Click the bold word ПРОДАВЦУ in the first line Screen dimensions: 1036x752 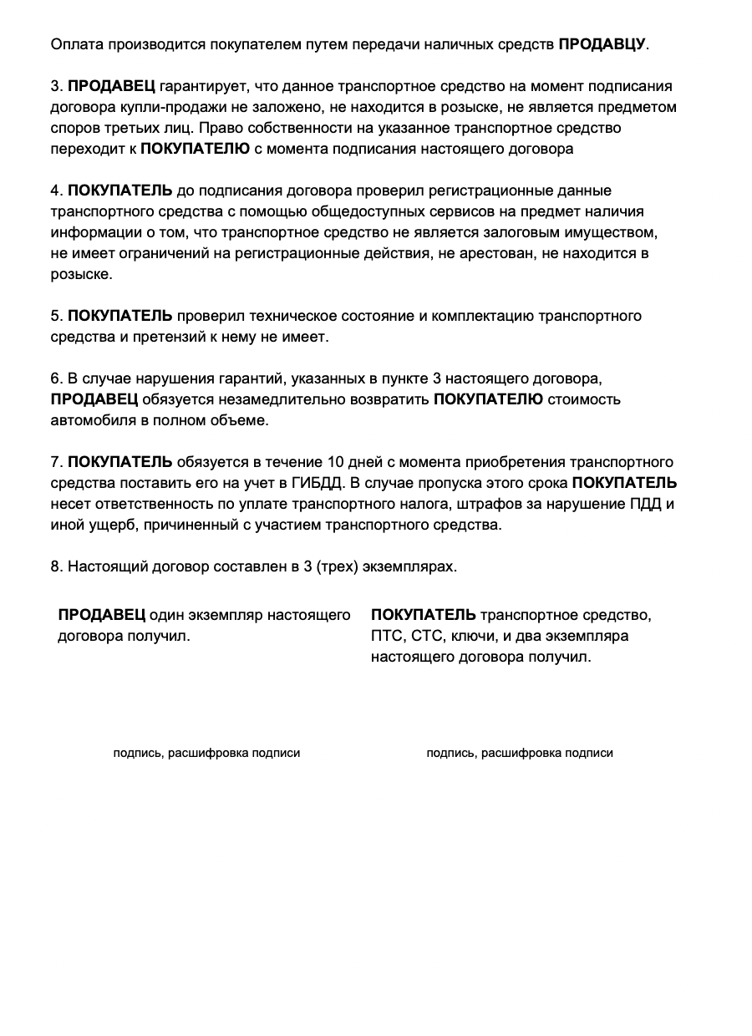coord(602,43)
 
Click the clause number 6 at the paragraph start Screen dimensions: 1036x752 coord(56,378)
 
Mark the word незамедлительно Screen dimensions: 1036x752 coord(268,399)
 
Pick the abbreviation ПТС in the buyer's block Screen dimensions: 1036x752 coord(386,637)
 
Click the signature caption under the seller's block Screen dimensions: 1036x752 coord(206,754)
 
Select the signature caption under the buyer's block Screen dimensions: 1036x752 coord(520,754)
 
